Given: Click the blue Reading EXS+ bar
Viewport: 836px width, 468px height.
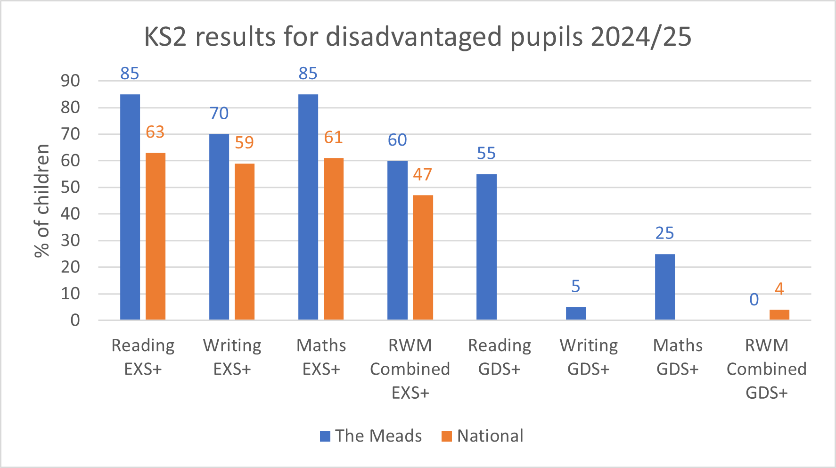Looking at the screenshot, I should [x=130, y=207].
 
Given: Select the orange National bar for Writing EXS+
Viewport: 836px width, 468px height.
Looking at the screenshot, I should [x=245, y=242].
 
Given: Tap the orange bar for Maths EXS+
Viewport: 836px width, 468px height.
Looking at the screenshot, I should [x=334, y=239].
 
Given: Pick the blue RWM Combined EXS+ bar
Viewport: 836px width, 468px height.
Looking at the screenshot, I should [x=397, y=240].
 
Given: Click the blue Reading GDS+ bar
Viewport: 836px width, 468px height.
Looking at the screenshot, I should [x=486, y=247].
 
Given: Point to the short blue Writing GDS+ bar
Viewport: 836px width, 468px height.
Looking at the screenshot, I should [x=575, y=313].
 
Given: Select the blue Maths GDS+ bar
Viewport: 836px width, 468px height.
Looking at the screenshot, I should [x=665, y=287].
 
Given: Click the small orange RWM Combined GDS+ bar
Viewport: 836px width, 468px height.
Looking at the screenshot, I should [x=779, y=315].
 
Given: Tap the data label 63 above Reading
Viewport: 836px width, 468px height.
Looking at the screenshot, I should [x=155, y=132].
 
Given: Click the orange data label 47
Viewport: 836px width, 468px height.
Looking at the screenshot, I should [x=423, y=175].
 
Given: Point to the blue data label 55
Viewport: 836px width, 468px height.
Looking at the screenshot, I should [x=486, y=154].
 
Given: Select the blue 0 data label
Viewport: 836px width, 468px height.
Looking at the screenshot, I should [x=754, y=300].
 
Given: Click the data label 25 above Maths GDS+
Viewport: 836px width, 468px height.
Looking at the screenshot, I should [x=665, y=233].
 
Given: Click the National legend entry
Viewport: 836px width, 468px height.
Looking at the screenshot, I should [x=483, y=436].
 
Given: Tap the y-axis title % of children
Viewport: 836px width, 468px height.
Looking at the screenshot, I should [x=42, y=201].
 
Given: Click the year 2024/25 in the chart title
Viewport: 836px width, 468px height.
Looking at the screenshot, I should [x=641, y=37].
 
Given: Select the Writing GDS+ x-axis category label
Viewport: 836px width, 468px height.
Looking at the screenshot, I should [x=589, y=357].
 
